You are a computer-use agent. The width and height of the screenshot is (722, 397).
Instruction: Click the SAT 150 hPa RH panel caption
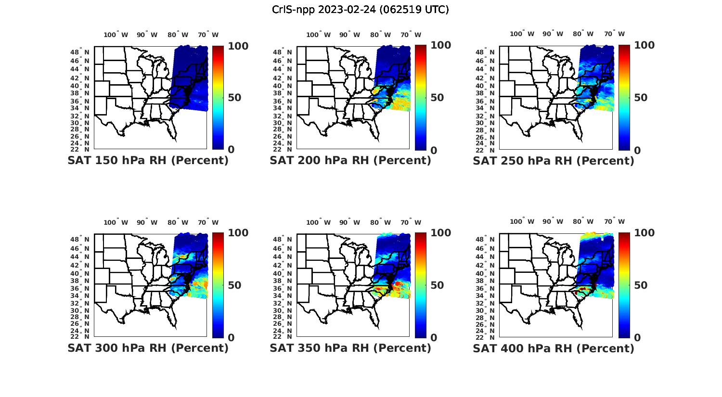click(x=148, y=160)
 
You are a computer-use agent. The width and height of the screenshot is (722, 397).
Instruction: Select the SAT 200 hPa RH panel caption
click(x=350, y=160)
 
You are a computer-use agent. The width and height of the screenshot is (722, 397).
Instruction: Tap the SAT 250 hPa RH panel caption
click(x=554, y=160)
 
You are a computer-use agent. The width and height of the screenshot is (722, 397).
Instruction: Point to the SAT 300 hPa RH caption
click(x=148, y=347)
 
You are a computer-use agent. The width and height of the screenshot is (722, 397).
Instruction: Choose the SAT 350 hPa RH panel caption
click(x=350, y=347)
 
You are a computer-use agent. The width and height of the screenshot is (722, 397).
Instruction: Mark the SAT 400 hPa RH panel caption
click(x=554, y=347)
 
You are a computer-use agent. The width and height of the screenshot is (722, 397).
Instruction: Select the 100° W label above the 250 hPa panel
click(x=522, y=34)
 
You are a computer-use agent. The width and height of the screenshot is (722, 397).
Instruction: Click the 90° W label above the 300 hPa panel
click(x=147, y=222)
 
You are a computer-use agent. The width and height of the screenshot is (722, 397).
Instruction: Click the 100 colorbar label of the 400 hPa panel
click(x=644, y=233)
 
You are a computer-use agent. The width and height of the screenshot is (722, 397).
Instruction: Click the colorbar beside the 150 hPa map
click(x=218, y=98)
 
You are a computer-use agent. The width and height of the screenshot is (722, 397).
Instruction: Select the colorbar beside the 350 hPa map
click(x=420, y=285)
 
